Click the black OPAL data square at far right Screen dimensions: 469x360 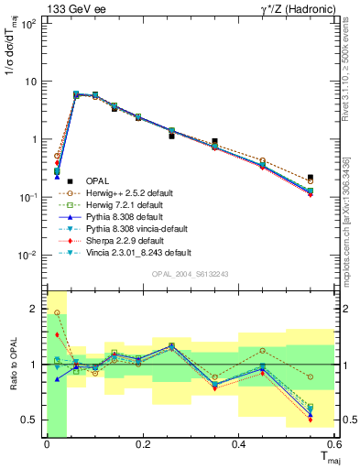[311, 177]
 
